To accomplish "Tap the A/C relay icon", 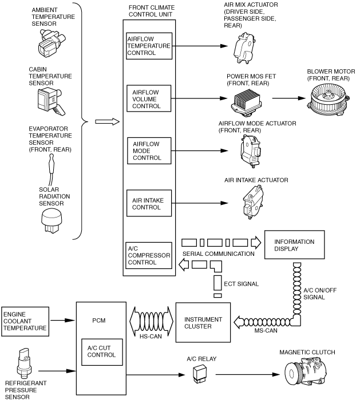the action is [200, 375].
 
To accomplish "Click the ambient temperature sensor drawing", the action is [52, 44].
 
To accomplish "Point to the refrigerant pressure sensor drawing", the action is [25, 364].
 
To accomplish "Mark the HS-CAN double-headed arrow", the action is [151, 321].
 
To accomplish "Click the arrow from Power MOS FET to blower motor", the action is [289, 98].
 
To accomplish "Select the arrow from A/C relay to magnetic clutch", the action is [248, 374].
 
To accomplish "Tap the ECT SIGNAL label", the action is [241, 284].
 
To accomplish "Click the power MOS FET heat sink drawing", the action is [246, 102].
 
